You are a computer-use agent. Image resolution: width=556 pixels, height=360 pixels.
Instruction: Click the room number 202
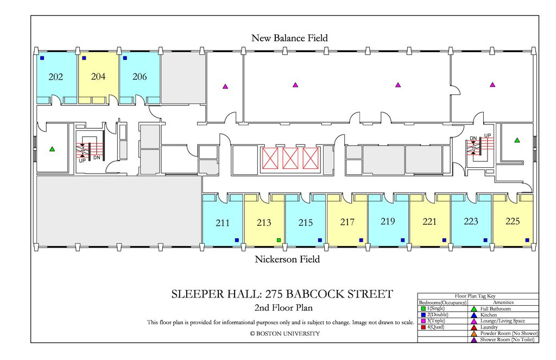55,77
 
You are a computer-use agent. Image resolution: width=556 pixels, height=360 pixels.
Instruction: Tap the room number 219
388,222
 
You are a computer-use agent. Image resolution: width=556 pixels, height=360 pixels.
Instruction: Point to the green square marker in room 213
279,240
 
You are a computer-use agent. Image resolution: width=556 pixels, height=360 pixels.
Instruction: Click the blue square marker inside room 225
527,240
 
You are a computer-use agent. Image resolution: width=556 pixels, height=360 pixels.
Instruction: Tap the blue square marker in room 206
125,58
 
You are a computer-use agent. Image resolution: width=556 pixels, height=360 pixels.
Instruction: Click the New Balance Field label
289,38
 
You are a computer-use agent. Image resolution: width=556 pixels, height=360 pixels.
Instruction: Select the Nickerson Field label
287,260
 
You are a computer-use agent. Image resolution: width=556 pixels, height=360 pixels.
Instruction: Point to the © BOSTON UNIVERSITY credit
285,333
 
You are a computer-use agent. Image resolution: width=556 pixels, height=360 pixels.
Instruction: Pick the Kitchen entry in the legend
488,315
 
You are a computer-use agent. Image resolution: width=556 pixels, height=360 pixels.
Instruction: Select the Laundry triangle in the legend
474,327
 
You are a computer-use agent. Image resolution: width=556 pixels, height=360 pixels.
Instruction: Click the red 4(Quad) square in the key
423,327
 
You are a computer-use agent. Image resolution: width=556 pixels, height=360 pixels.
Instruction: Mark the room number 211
223,223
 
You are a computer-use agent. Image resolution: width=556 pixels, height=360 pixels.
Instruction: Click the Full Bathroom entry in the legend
495,309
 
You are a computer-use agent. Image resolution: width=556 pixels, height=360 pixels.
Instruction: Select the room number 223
471,222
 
